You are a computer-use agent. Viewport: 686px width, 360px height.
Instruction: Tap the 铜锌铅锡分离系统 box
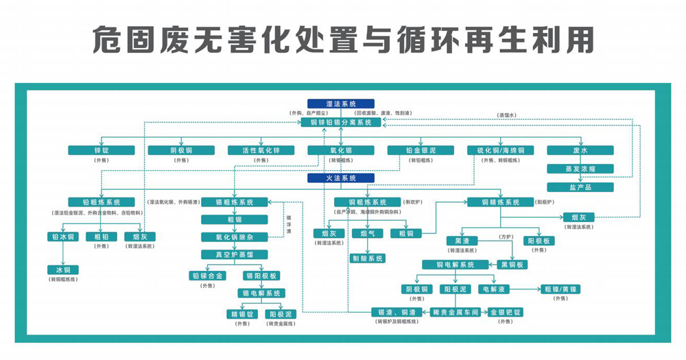point(341,122)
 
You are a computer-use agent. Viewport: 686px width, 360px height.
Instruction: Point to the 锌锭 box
point(102,150)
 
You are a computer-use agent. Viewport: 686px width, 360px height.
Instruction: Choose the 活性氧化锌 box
point(261,150)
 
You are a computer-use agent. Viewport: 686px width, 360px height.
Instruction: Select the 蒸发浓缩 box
point(580,169)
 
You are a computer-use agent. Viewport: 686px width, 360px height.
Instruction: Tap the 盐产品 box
point(580,187)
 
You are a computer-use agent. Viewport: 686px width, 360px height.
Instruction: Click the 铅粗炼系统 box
point(101,202)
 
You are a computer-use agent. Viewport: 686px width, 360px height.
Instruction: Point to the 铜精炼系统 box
point(500,202)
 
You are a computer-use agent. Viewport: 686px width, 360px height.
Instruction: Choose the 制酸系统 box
point(368,259)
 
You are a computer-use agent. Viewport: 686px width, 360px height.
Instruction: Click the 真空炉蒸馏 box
point(235,254)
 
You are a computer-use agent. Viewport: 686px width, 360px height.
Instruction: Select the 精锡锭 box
point(240,313)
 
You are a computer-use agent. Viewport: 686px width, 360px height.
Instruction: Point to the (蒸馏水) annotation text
point(506,115)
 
